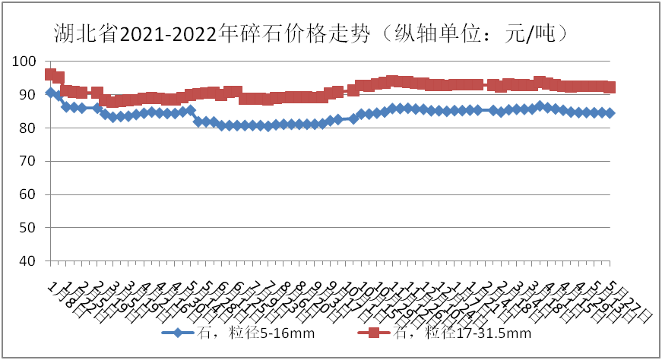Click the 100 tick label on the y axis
[25, 62]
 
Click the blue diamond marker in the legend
[177, 333]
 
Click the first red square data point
[51, 74]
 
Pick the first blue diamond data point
[51, 93]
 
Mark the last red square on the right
[610, 87]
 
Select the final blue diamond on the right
[610, 112]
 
